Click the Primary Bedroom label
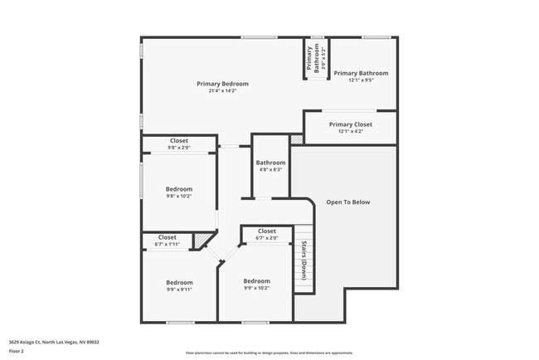pyautogui.click(x=222, y=84)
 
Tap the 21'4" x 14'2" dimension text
pyautogui.click(x=222, y=91)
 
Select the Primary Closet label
pyautogui.click(x=351, y=124)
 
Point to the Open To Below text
pyautogui.click(x=347, y=202)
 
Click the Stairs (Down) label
pyautogui.click(x=304, y=260)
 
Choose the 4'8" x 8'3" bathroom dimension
pyautogui.click(x=270, y=170)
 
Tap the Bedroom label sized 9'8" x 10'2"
pyautogui.click(x=179, y=188)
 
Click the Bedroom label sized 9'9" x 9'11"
pyautogui.click(x=179, y=282)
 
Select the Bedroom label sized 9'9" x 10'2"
pyautogui.click(x=256, y=281)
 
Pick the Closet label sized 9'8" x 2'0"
pyautogui.click(x=179, y=141)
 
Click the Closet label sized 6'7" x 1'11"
pyautogui.click(x=168, y=237)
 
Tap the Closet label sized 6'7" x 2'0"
pyautogui.click(x=267, y=231)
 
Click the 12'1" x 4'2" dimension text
pyautogui.click(x=351, y=131)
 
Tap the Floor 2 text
pyautogui.click(x=17, y=351)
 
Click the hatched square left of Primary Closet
pyautogui.click(x=297, y=139)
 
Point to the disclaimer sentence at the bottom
pyautogui.click(x=269, y=353)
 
